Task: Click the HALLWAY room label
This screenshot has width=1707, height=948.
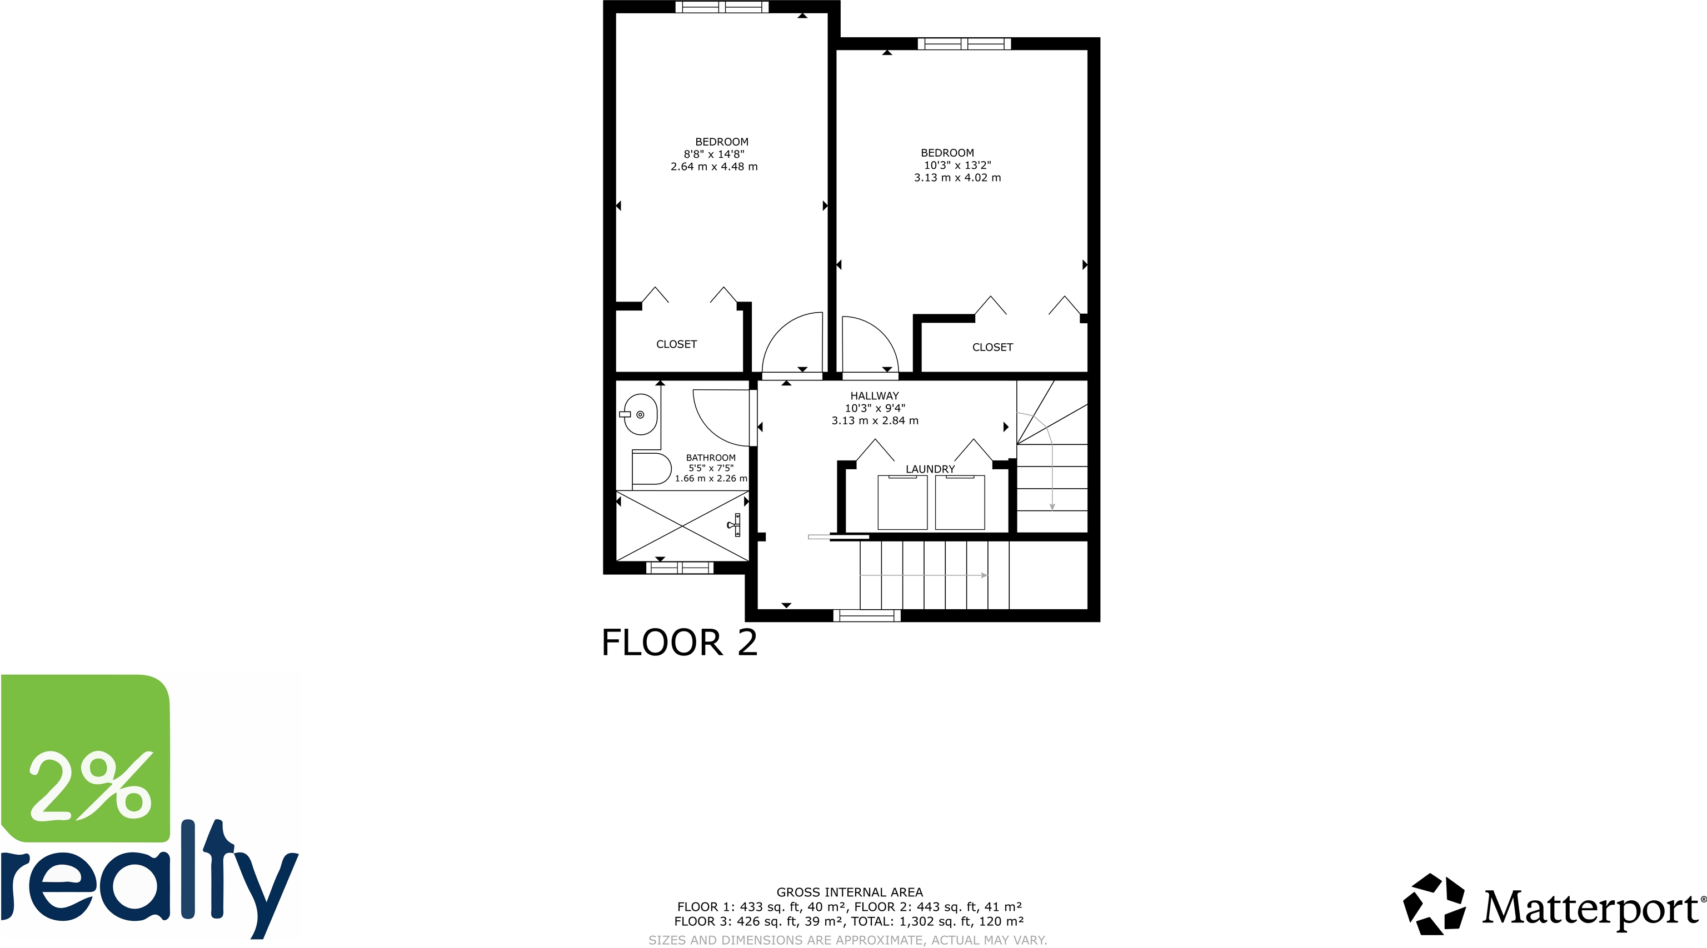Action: [875, 395]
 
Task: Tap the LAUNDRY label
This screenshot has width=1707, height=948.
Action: [930, 469]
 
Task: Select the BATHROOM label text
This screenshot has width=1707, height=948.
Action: [710, 458]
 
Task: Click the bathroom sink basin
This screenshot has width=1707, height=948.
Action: [640, 415]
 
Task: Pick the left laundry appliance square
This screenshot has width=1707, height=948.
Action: [902, 502]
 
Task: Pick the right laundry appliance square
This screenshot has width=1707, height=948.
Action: [960, 502]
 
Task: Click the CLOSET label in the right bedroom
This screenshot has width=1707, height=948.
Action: [992, 347]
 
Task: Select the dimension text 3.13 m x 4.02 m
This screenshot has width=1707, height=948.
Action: [957, 178]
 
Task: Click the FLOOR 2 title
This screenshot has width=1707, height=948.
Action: [679, 643]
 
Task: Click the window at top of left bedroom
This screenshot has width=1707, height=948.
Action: [722, 7]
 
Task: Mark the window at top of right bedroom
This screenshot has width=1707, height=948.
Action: [964, 44]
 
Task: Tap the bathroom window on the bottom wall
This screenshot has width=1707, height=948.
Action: [680, 568]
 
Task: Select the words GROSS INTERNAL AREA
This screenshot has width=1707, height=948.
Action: [850, 892]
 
